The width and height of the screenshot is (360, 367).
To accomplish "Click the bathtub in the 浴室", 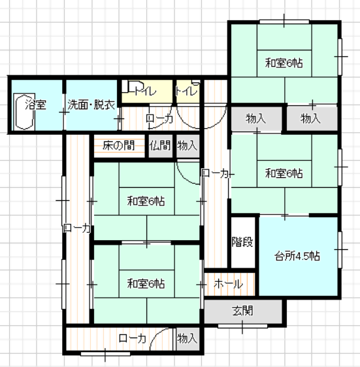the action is [24, 112].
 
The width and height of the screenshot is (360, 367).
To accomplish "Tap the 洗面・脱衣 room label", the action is [91, 105].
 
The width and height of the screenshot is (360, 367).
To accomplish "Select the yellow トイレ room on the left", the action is [147, 91].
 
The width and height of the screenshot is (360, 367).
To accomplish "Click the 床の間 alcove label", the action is [118, 146].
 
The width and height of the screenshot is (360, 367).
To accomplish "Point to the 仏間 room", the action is [161, 146].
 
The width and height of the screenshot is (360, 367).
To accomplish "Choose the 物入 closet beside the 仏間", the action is [188, 146].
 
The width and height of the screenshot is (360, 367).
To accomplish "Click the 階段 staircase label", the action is [242, 242].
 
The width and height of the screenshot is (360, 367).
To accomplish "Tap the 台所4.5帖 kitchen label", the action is [297, 256].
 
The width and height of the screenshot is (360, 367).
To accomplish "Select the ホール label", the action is [228, 284].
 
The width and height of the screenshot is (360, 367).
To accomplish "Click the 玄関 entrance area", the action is [243, 311].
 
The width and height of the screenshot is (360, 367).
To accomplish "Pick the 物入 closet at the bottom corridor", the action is [188, 339].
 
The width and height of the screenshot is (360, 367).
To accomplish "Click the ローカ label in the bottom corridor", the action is [133, 338].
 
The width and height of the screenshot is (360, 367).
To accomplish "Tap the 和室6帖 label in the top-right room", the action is [284, 63].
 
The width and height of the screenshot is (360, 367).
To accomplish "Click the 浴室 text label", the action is [36, 105].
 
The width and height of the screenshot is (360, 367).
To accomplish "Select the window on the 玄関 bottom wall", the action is [243, 326].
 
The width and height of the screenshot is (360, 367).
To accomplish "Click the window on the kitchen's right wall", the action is [340, 250].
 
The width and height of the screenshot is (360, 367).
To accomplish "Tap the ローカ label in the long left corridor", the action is [77, 228].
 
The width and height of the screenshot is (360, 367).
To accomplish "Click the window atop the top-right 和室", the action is [284, 22].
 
